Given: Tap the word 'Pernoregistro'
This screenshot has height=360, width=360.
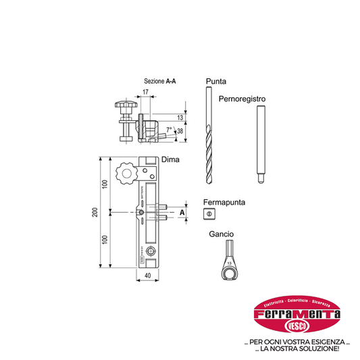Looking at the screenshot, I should (242, 99).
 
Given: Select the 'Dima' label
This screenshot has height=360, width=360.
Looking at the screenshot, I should (169, 159).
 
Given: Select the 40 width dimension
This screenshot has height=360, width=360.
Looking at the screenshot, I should (147, 275).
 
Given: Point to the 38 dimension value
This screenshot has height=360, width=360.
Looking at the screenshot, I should (180, 132).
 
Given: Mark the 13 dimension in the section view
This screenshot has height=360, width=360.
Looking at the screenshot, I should (180, 118).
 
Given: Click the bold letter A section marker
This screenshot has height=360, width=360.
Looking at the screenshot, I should (181, 213).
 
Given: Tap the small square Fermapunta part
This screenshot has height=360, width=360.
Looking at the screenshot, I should (209, 215).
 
